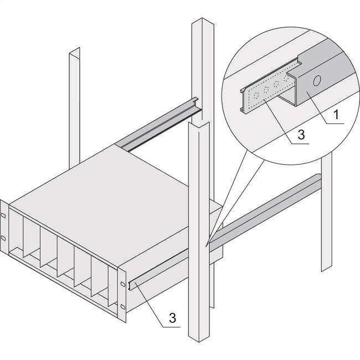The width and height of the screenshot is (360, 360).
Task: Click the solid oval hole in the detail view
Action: (x=316, y=81)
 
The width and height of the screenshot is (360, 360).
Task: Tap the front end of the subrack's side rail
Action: (x=132, y=286)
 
